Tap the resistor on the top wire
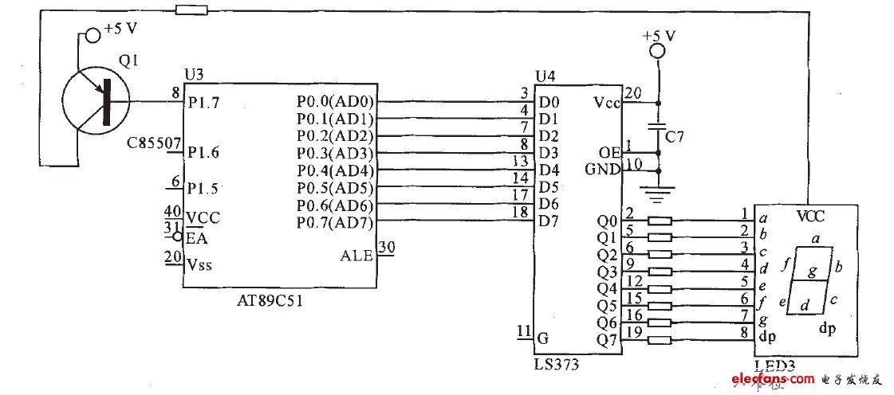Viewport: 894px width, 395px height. (191, 10)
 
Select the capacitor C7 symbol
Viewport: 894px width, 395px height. (659, 127)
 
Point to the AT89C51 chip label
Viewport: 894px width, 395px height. (270, 302)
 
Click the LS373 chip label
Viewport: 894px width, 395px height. (557, 364)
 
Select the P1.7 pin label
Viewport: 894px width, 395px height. (204, 103)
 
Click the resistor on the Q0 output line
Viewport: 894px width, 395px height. (660, 221)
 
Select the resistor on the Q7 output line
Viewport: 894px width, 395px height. (660, 340)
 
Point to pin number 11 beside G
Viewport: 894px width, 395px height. (523, 330)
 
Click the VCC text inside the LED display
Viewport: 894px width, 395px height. (810, 216)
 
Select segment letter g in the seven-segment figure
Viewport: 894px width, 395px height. (811, 272)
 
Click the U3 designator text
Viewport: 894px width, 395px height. (194, 74)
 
